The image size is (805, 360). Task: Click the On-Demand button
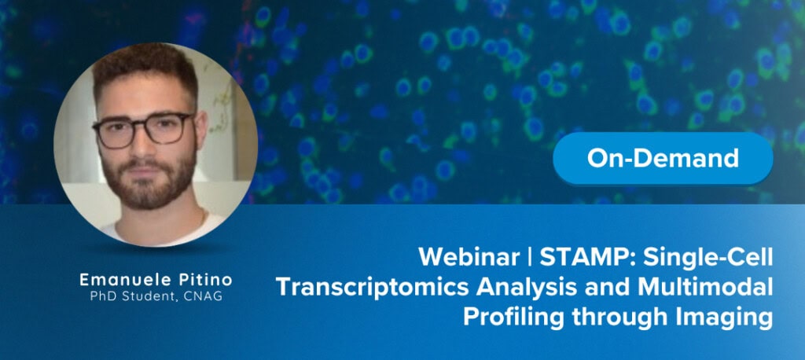pos(663,159)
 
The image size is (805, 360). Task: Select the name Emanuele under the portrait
pos(117,280)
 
